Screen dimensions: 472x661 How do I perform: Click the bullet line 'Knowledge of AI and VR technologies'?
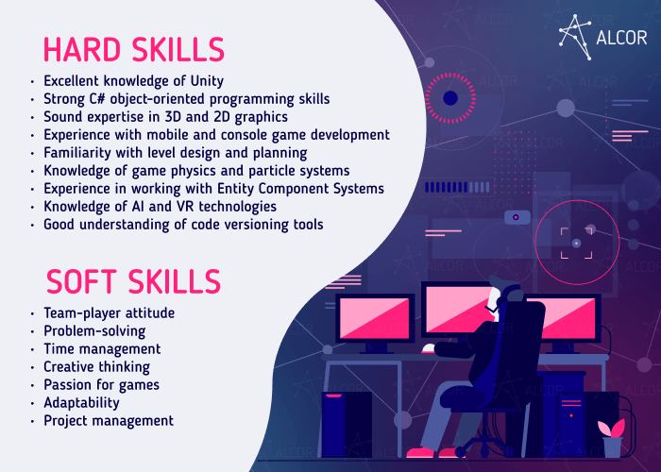[x=160, y=207]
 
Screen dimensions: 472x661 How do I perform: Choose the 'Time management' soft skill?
[x=93, y=349]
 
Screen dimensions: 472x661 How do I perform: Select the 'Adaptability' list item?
[x=82, y=403]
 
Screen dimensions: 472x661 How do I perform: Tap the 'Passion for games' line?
[x=101, y=385]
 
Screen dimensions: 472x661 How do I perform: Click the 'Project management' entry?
[x=109, y=421]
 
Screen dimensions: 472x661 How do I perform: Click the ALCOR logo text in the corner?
[x=621, y=37]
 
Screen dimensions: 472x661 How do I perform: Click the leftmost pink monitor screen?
[x=375, y=316]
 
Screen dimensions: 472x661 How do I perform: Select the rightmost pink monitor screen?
[x=565, y=316]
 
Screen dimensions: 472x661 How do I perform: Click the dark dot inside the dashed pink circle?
[x=450, y=97]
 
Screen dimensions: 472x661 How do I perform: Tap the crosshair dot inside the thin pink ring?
[x=576, y=243]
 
